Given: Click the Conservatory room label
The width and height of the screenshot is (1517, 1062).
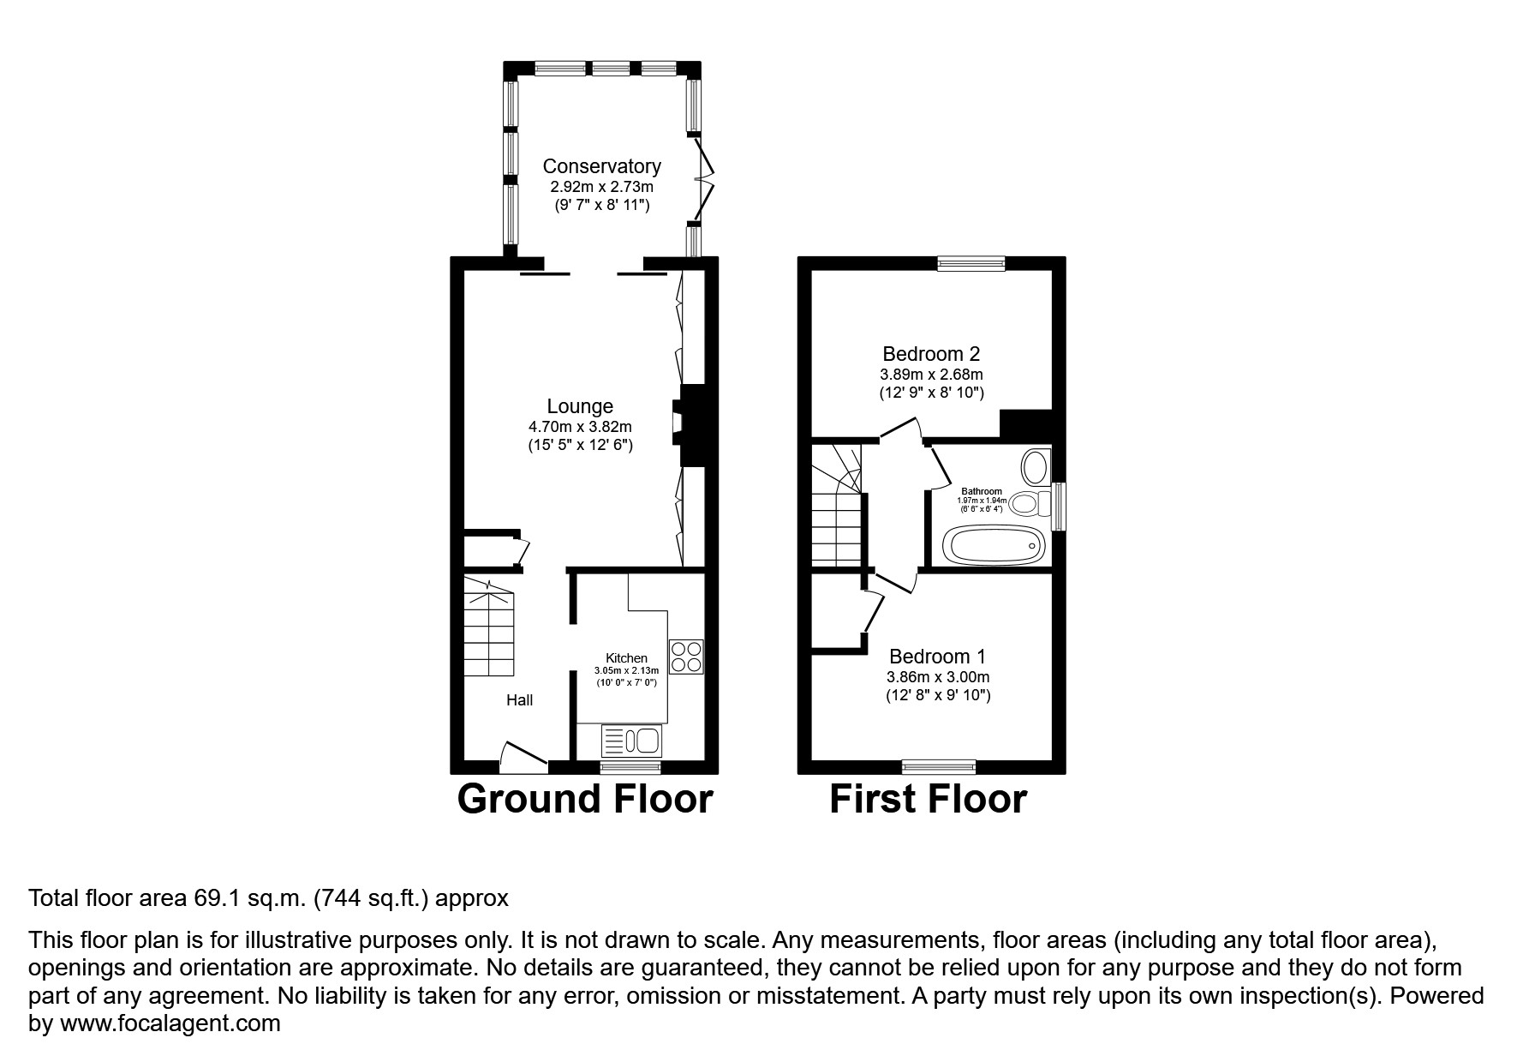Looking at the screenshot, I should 601,166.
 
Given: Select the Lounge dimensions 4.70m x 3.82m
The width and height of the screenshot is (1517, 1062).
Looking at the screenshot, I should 580,426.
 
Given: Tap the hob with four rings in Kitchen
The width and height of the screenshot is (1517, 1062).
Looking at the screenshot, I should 686,657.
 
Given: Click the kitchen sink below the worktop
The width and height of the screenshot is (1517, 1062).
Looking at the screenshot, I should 631,739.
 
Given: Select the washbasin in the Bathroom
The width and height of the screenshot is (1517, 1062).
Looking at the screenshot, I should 1035,468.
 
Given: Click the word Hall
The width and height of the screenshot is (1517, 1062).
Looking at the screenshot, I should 519,700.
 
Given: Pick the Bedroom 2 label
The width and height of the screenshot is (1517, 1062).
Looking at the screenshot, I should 931,353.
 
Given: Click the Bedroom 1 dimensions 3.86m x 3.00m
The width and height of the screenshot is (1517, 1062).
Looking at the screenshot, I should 938,677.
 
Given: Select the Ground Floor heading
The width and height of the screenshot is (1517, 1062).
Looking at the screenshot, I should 585,799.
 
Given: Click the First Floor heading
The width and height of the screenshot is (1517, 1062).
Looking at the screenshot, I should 928,799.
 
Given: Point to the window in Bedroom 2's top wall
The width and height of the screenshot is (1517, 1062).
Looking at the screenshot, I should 971,264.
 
